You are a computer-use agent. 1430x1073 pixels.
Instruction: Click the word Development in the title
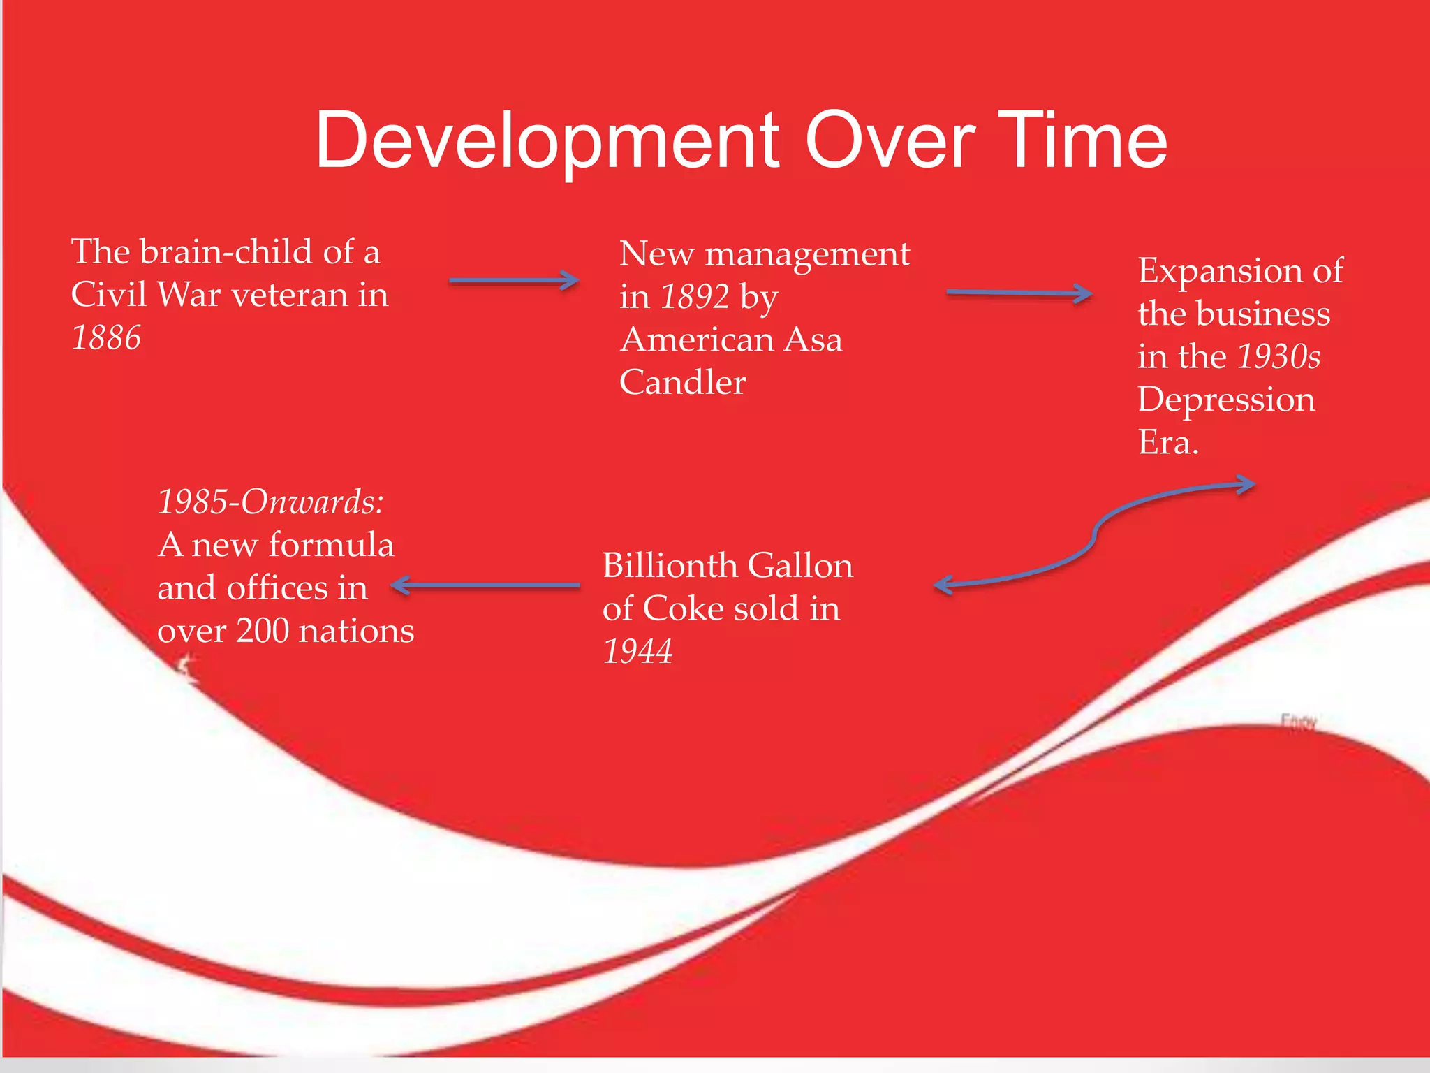click(546, 142)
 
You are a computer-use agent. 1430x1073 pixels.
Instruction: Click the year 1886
click(106, 338)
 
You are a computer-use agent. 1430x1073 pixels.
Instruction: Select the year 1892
click(695, 297)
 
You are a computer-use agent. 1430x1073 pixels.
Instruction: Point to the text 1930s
click(1278, 357)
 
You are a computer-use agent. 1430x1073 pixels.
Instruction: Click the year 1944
click(637, 652)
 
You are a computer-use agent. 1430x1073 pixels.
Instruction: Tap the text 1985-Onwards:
click(271, 502)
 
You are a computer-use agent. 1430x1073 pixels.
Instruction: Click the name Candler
click(682, 383)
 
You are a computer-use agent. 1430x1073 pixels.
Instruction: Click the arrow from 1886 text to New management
click(513, 281)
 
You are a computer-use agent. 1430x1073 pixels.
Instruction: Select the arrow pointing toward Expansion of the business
click(1018, 293)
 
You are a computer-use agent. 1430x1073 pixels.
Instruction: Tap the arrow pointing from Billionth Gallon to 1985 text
click(485, 585)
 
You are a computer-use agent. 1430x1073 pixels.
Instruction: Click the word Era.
click(1167, 443)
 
